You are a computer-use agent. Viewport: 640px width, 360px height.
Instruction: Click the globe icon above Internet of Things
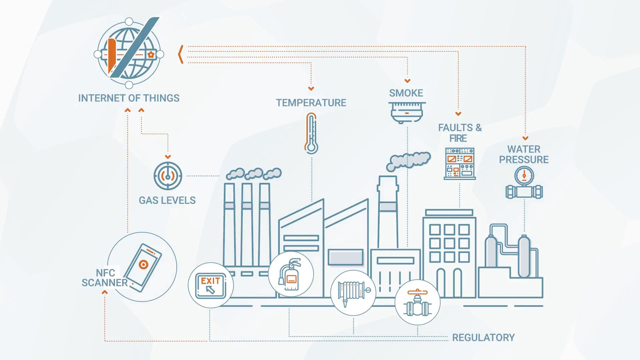[129, 53]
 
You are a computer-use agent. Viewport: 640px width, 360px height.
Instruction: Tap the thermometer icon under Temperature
[311, 133]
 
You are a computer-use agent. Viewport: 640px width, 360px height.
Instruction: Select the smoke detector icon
[407, 112]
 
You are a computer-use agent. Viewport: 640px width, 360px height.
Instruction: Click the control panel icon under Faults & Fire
[460, 163]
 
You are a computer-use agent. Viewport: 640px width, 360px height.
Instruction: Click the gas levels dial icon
[168, 176]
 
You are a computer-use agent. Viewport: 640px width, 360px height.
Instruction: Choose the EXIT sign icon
[210, 285]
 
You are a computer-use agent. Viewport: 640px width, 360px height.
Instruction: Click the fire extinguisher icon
[290, 274]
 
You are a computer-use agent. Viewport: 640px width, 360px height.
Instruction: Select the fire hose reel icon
[353, 293]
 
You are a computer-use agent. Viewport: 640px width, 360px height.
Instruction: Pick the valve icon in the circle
[417, 302]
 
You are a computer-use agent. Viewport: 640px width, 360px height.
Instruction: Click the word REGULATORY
[483, 338]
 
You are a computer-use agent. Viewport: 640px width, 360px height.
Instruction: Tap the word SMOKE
[406, 93]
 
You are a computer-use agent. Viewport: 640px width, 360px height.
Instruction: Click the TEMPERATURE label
[311, 103]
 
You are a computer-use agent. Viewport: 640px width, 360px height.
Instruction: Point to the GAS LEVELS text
[167, 200]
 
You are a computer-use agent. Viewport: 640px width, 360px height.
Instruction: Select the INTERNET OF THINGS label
[129, 98]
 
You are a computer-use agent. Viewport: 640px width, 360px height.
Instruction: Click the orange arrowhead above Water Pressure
[525, 138]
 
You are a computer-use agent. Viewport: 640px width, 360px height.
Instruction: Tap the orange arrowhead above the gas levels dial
[168, 156]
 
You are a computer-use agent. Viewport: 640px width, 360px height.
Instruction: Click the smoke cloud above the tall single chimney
[408, 161]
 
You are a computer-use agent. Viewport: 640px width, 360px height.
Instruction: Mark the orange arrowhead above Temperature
[311, 89]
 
